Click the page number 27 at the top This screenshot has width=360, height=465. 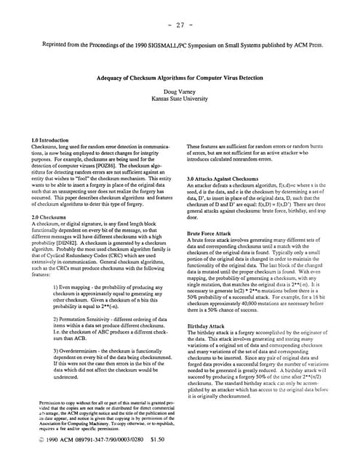[180, 24]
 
